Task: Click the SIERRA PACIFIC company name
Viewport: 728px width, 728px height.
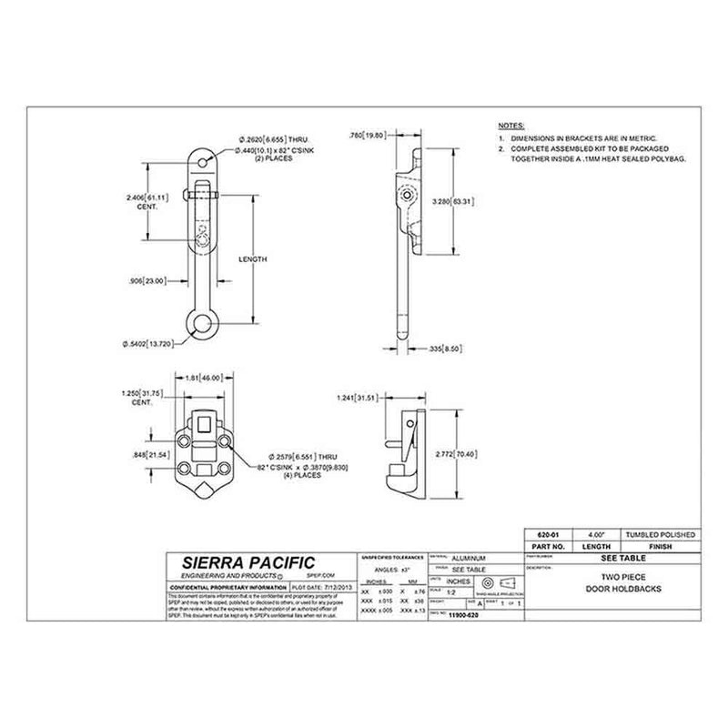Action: click(238, 563)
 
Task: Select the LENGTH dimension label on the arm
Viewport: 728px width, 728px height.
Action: click(253, 259)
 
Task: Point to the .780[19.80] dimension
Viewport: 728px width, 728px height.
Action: click(368, 135)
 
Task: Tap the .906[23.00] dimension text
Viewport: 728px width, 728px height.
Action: click(147, 281)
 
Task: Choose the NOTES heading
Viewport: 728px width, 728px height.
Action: click(511, 123)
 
